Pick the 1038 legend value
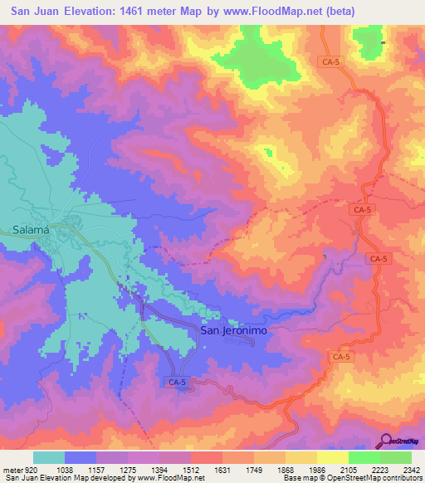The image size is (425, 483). point(65,469)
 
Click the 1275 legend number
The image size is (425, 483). point(129,469)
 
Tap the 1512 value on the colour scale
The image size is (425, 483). point(192,469)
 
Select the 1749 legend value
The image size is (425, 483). point(255,469)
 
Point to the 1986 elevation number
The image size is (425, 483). point(319,469)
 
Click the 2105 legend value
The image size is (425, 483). point(349,469)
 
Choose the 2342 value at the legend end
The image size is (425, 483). point(413,469)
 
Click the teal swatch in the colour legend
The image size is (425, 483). point(49,457)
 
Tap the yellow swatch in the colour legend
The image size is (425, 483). point(333,457)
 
